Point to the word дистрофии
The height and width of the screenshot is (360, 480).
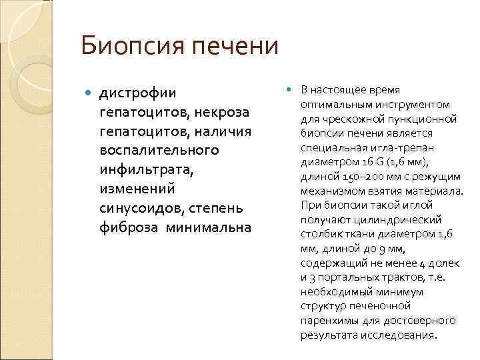click(x=137, y=92)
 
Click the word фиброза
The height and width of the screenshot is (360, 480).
click(x=125, y=227)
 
